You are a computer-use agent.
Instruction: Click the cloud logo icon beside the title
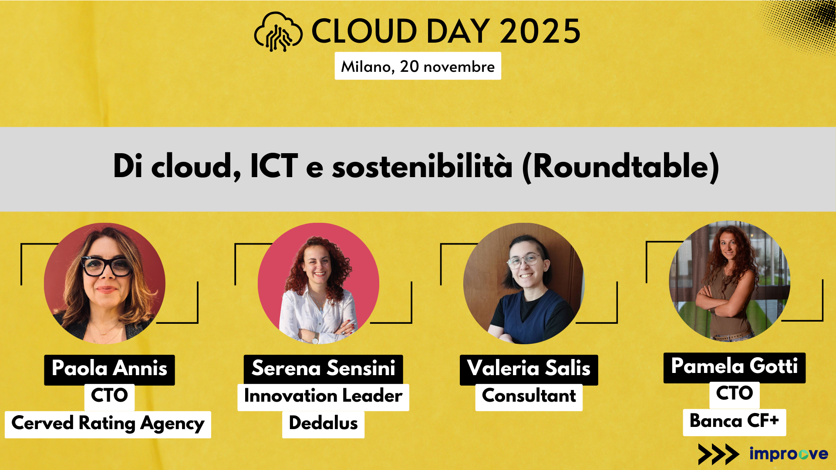click(278, 32)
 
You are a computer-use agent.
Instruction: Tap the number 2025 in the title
click(540, 31)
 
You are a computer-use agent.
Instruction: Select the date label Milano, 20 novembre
click(418, 66)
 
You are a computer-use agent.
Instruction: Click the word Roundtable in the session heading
click(620, 166)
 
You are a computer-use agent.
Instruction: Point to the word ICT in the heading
click(274, 166)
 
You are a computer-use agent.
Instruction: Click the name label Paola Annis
click(109, 369)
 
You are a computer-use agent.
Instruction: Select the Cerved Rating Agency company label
click(108, 424)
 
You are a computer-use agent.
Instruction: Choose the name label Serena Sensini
click(323, 369)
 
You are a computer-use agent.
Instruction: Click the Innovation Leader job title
click(323, 396)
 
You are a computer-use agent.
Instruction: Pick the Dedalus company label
click(323, 424)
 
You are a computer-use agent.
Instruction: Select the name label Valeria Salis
click(529, 369)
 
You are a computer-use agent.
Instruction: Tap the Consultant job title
click(529, 396)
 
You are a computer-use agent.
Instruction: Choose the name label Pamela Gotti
click(734, 367)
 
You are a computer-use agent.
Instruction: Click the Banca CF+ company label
click(734, 422)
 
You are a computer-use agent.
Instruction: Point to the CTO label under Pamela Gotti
click(734, 394)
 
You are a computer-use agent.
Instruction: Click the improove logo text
click(789, 453)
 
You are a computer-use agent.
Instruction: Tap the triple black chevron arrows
click(718, 454)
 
